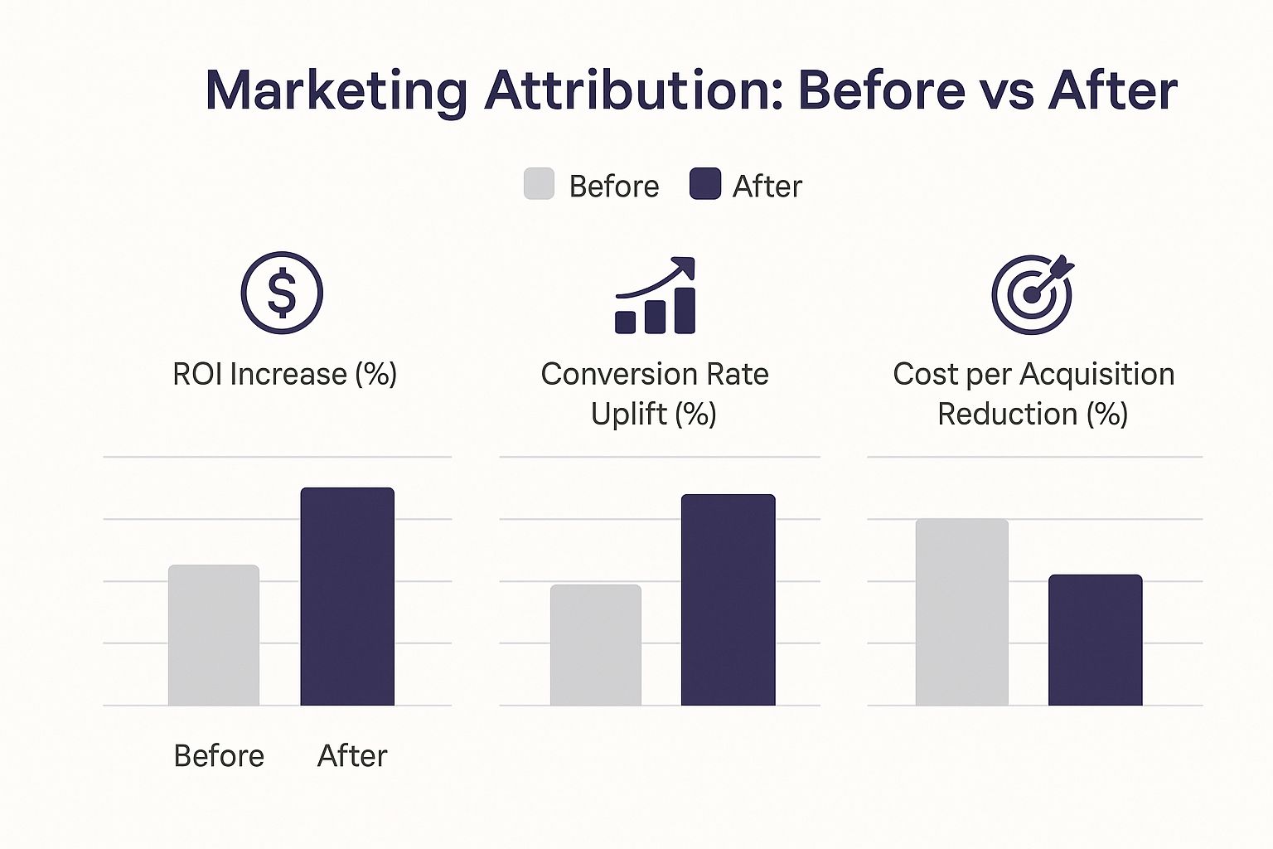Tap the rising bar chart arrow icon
tap(656, 295)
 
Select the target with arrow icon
tap(1033, 294)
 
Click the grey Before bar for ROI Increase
tap(214, 635)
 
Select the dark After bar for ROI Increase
tap(347, 596)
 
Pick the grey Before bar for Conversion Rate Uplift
tap(596, 645)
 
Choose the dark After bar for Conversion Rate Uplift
tap(728, 600)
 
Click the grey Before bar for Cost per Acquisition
tap(962, 612)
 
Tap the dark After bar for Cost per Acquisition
tap(1095, 640)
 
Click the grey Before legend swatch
tap(539, 184)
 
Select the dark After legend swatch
tap(705, 184)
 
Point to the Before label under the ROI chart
tap(220, 756)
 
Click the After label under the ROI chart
tap(352, 756)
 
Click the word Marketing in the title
tap(336, 92)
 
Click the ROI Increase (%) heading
tap(285, 374)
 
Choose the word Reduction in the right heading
tap(1008, 414)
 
